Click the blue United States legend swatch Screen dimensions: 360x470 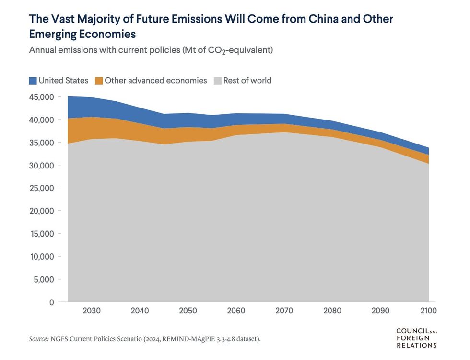tap(33, 81)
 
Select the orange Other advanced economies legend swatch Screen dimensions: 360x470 tap(98, 81)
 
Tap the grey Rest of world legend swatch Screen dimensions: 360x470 tap(218, 81)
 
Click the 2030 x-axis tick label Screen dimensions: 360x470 tap(92, 311)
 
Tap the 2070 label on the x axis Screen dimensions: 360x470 tap(284, 311)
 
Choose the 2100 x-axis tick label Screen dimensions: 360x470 tap(428, 311)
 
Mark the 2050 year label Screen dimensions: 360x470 tap(188, 311)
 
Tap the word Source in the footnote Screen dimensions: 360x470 tap(38, 339)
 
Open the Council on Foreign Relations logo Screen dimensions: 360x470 tap(416, 338)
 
